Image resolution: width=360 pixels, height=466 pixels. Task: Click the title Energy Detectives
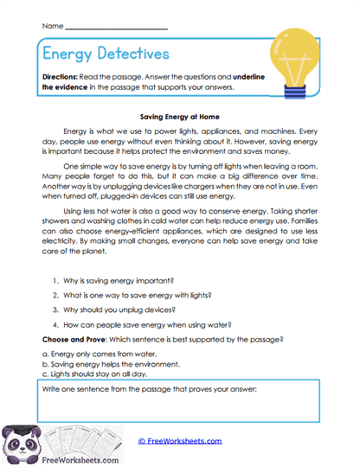click(x=105, y=54)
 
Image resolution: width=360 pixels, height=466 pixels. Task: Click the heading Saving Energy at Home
click(x=179, y=112)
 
